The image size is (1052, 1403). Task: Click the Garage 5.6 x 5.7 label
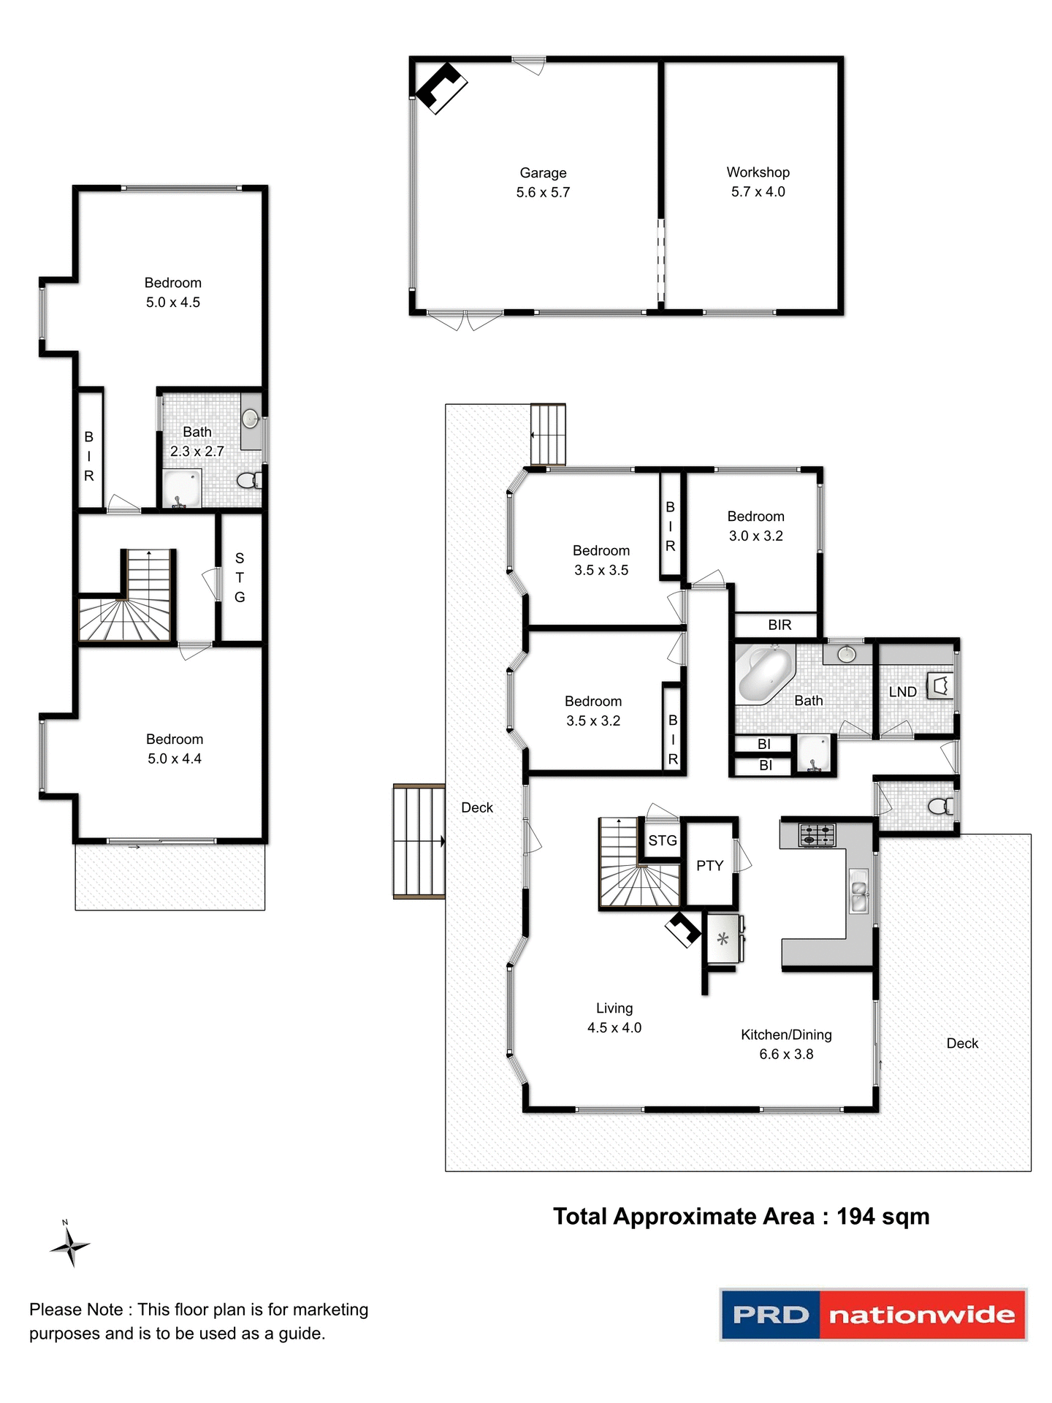click(x=543, y=183)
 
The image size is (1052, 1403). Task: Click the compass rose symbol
click(x=70, y=1246)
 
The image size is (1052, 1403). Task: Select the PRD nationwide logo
click(x=873, y=1315)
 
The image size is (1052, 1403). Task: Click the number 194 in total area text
click(x=855, y=1217)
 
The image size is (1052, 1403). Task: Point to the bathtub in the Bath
click(x=765, y=673)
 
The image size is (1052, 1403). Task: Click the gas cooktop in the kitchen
click(x=817, y=834)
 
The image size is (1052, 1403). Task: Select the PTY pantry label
click(x=709, y=866)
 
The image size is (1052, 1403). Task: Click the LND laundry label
click(x=902, y=692)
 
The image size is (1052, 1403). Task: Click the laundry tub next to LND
click(x=940, y=686)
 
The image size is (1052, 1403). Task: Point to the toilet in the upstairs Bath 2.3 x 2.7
click(x=248, y=480)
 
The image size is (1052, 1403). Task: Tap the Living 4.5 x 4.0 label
click(x=614, y=1018)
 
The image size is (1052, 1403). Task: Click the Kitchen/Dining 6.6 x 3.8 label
click(x=786, y=1044)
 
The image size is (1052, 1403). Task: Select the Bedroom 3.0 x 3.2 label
click(x=755, y=526)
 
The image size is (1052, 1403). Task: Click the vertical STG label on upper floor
click(x=240, y=577)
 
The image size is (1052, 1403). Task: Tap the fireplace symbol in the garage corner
click(x=441, y=88)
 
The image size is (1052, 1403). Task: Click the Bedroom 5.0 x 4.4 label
click(x=175, y=749)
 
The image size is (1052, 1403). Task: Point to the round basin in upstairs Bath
click(x=251, y=419)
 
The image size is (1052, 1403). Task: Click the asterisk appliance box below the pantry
click(x=723, y=940)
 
